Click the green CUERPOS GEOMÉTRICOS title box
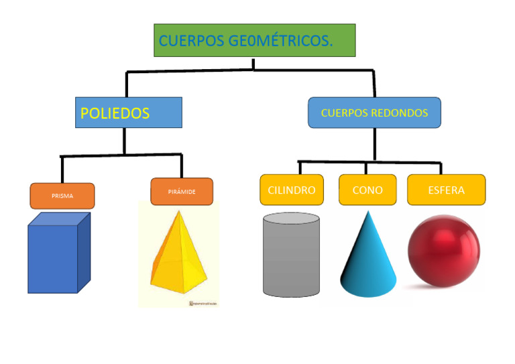coord(254,41)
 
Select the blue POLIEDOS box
coord(128,113)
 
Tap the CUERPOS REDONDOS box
coord(374,113)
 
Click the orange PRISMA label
coord(62,196)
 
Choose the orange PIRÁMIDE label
coord(182,191)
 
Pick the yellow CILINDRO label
coord(291,190)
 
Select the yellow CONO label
coord(367,190)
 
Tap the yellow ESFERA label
coord(446,190)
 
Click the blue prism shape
coord(54,258)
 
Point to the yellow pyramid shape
coord(178,258)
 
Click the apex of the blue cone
coord(366,213)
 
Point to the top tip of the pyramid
coord(178,210)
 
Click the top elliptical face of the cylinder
coord(291,220)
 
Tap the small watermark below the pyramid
coord(204,304)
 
